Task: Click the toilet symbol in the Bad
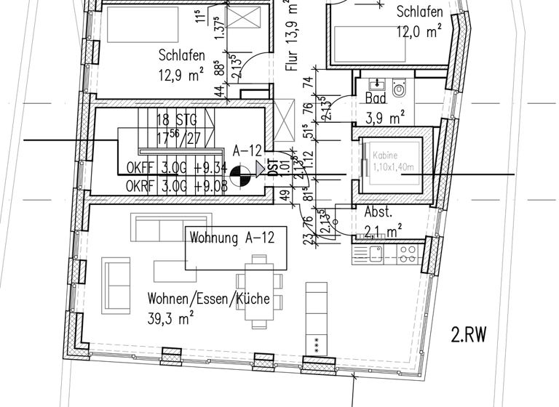[398, 89]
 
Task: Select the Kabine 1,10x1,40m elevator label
[393, 161]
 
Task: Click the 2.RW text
[468, 335]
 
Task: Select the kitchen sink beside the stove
[376, 254]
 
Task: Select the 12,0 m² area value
[419, 32]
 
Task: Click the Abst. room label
[378, 213]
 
